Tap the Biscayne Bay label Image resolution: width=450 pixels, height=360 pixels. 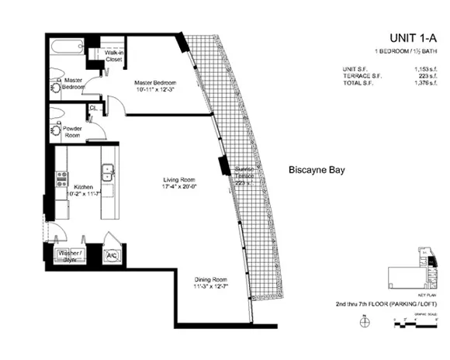click(317, 168)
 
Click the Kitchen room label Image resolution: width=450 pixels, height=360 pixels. click(83, 187)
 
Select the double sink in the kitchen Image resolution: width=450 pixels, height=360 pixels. click(108, 177)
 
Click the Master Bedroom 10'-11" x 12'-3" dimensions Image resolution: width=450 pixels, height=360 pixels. click(154, 91)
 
